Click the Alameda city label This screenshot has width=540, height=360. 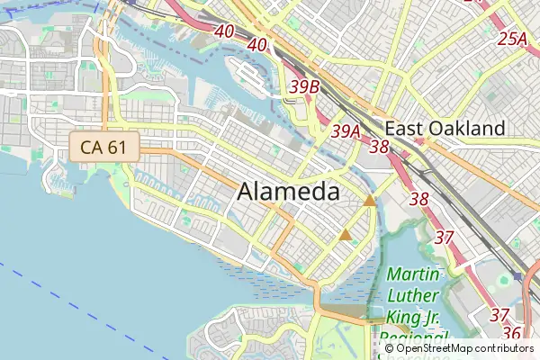click(289, 193)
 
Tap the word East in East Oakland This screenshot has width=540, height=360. click(405, 129)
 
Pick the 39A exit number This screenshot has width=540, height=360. click(346, 131)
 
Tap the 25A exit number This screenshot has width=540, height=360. click(512, 39)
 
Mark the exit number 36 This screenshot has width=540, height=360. click(512, 333)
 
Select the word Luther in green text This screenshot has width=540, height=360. click(413, 295)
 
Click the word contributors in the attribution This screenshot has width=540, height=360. click(505, 348)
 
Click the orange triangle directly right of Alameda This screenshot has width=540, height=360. click(370, 201)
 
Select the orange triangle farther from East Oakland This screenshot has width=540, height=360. click(346, 236)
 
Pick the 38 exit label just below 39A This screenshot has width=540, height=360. click(379, 147)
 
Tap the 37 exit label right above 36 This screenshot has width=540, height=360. click(500, 315)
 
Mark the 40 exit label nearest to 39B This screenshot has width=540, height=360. click(257, 45)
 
